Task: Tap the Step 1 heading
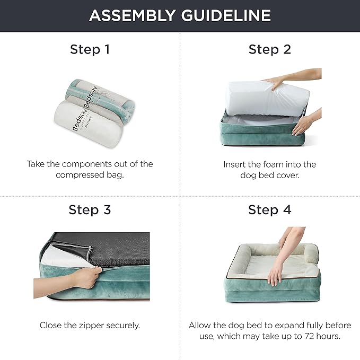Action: (90, 50)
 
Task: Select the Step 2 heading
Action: (270, 50)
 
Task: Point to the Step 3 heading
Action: (90, 209)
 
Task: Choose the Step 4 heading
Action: (270, 209)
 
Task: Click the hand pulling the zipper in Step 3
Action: (85, 280)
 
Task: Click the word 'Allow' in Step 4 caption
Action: (201, 325)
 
